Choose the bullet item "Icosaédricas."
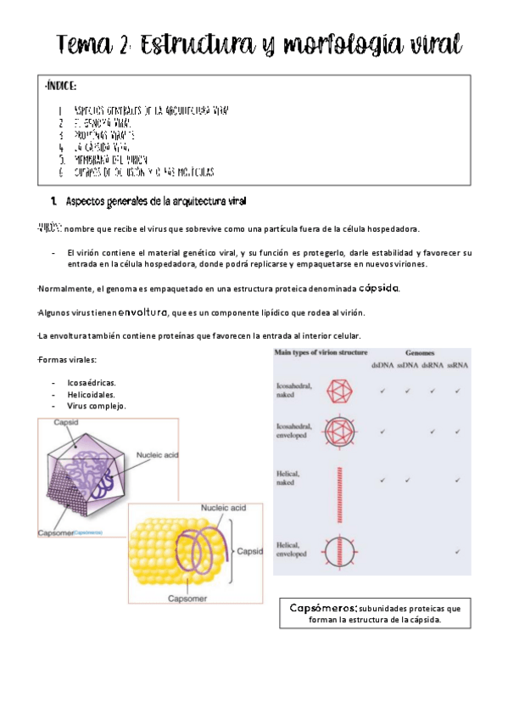pos(91,382)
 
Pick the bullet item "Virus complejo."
pos(96,406)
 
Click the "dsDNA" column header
pos(379,365)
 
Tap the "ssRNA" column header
pos(458,365)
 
